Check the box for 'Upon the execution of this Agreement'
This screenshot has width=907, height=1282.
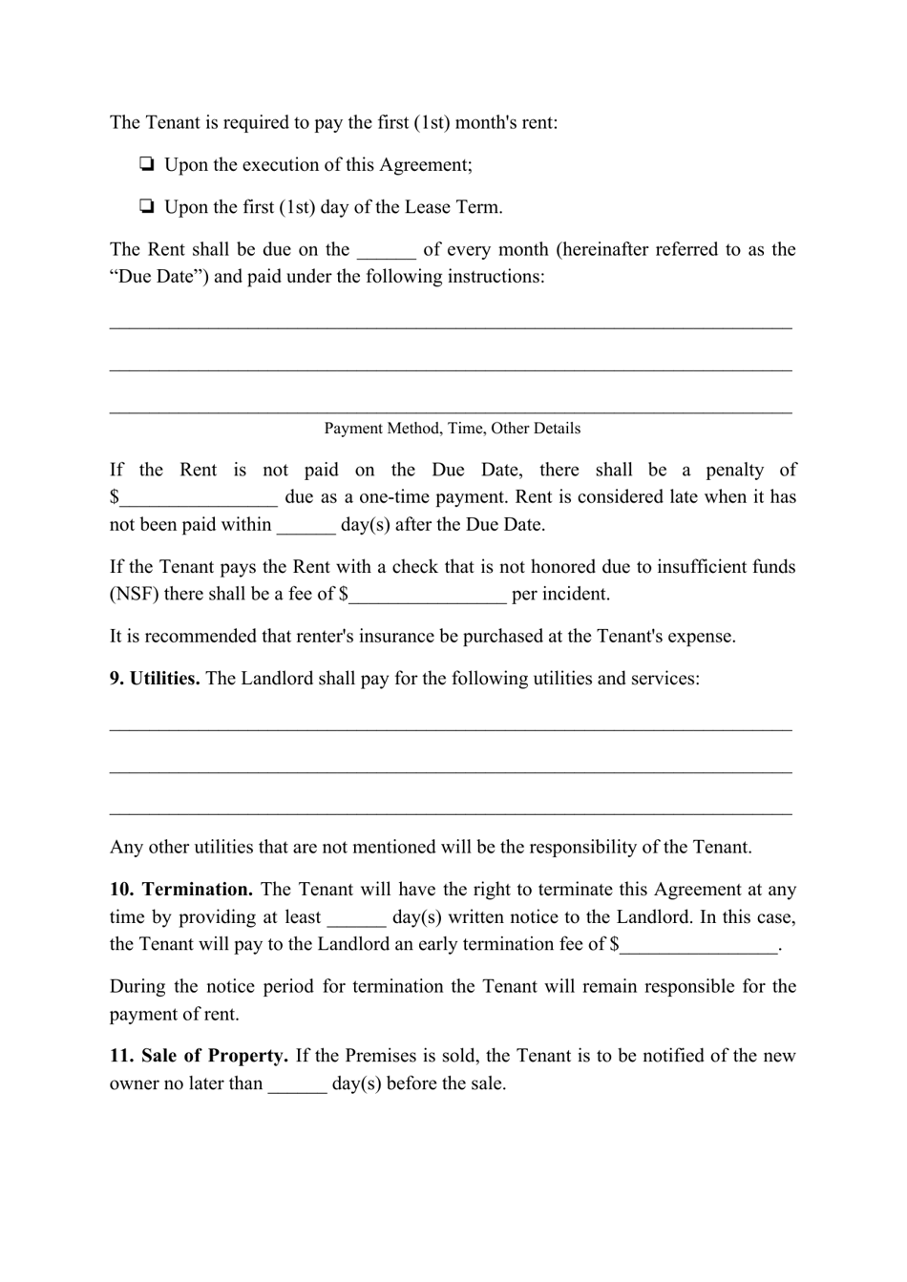[147, 165]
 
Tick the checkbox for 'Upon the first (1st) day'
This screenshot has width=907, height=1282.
[147, 207]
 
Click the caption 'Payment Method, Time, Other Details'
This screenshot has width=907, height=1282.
[452, 429]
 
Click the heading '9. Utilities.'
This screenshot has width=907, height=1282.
[155, 679]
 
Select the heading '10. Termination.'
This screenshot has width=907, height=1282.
[180, 890]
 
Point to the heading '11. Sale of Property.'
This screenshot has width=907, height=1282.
[199, 1056]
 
